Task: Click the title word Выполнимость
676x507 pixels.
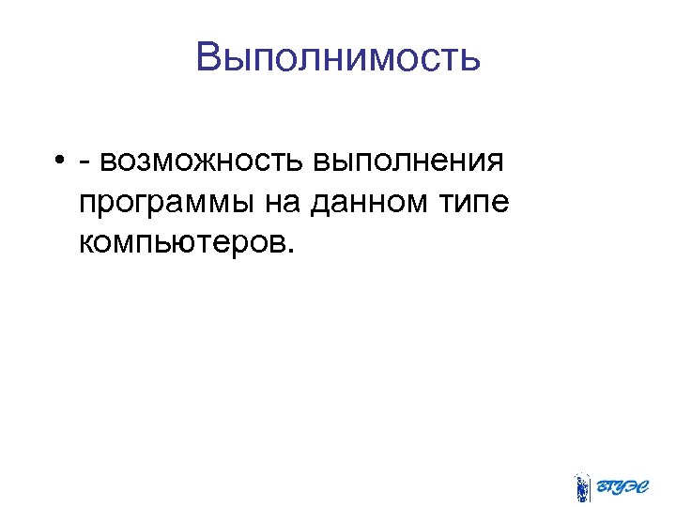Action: tap(338, 58)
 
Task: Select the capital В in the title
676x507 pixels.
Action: tap(209, 58)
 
